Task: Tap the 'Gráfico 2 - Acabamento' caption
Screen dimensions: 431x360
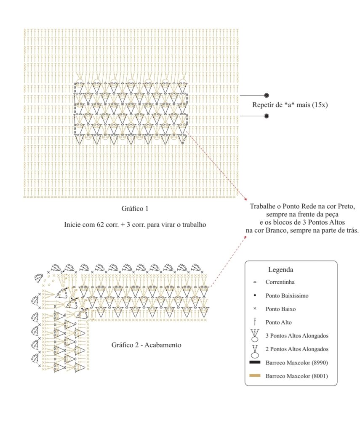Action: (x=146, y=345)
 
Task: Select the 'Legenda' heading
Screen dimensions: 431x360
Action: (x=280, y=269)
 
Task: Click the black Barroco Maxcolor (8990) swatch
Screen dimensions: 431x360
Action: (x=255, y=362)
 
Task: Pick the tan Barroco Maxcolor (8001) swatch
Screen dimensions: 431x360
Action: (x=255, y=375)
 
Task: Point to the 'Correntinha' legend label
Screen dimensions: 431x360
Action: (x=280, y=282)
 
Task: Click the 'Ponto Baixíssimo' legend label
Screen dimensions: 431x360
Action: (x=287, y=295)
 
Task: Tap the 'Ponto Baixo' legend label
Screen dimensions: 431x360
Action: (x=280, y=309)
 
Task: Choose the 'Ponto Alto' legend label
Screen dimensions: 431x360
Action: (x=279, y=322)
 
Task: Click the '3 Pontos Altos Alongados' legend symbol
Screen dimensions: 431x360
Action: (x=255, y=335)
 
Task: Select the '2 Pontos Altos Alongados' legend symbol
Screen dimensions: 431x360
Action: (x=255, y=349)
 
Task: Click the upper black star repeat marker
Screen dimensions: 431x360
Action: (x=266, y=95)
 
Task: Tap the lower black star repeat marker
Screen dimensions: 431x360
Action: (x=266, y=115)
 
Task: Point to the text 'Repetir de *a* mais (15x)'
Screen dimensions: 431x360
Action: (x=290, y=105)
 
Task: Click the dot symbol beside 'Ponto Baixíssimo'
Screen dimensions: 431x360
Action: (x=255, y=295)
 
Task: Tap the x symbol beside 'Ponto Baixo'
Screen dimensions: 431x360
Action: (x=255, y=309)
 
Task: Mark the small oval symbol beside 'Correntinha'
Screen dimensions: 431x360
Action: (x=255, y=282)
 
